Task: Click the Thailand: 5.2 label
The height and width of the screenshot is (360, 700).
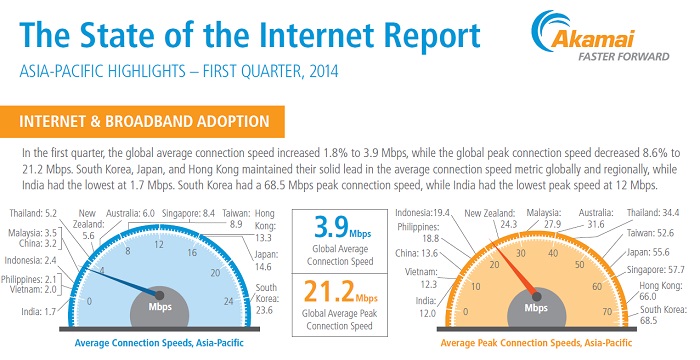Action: (35, 213)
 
